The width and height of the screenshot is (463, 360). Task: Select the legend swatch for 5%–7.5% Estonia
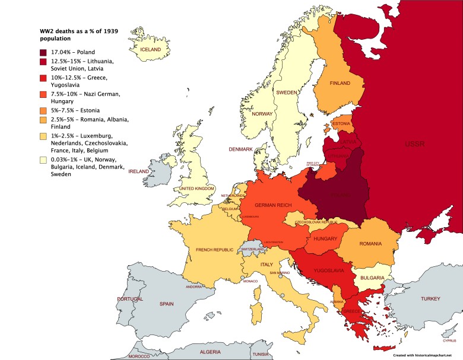pos(43,110)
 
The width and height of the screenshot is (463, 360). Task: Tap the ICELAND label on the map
pos(150,50)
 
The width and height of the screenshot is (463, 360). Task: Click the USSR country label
pos(414,144)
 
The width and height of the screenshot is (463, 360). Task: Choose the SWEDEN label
pos(286,93)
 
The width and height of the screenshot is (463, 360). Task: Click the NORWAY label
pos(262,114)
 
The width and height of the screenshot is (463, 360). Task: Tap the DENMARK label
pos(242,149)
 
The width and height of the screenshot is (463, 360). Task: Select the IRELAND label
pos(139,171)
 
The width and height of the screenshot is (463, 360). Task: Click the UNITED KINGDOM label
pos(197,189)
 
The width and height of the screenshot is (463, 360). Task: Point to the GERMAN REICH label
pos(272,205)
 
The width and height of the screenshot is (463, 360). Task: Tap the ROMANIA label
pos(370,244)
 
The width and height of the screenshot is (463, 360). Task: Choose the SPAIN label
pos(166,304)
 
